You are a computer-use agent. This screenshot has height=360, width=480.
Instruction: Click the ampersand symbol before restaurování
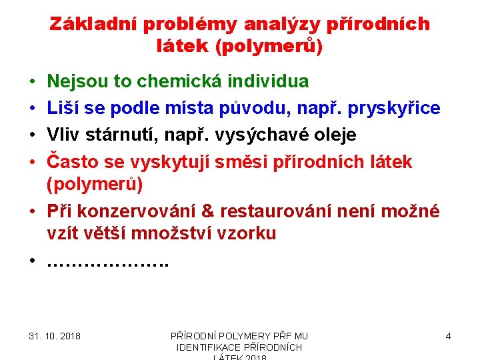tap(207, 211)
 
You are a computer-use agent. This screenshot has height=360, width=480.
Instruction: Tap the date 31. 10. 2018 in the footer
tap(55, 336)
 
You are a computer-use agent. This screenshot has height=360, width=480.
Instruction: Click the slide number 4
tap(448, 336)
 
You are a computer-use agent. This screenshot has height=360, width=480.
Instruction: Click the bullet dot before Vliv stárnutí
tap(33, 135)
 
